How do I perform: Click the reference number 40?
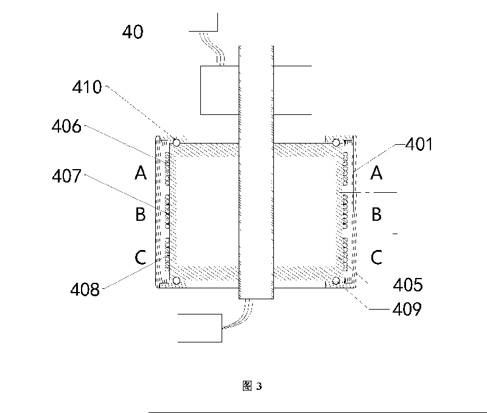coord(133,32)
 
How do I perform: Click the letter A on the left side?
coord(141,174)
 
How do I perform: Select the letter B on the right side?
coord(376,214)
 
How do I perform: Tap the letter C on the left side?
coord(141,258)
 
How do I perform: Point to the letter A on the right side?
coord(376,174)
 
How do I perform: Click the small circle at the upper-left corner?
coord(176,142)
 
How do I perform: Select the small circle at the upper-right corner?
coord(335,142)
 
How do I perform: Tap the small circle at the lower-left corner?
coord(176,281)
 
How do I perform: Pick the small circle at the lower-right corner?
coord(335,281)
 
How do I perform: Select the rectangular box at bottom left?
coord(200,329)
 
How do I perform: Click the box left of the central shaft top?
coord(220,90)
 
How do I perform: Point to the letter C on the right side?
coord(376,258)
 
